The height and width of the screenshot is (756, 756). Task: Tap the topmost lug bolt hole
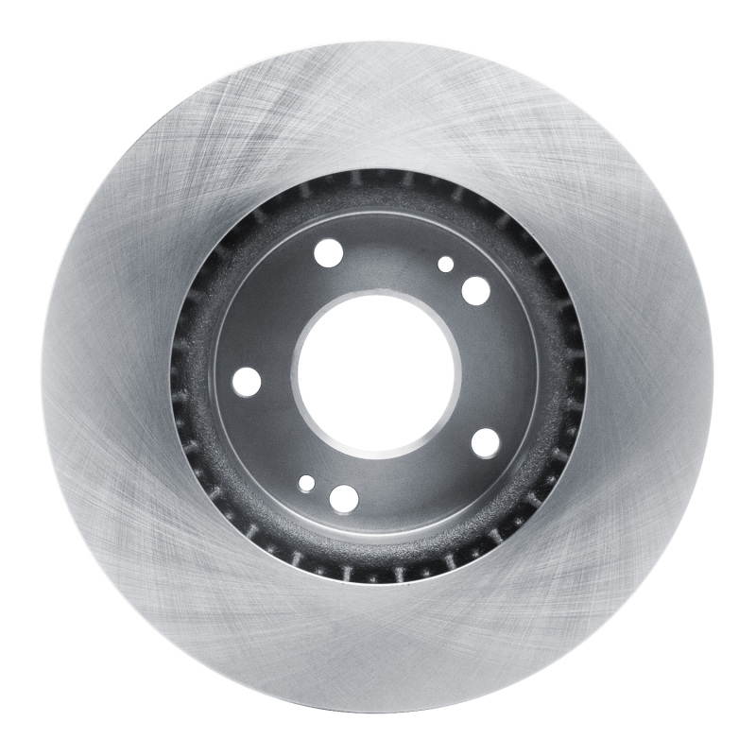[329, 252]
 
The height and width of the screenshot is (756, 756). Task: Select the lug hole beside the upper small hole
[475, 290]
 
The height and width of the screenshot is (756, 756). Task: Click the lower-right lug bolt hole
[485, 441]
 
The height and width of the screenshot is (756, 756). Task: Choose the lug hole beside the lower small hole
[345, 498]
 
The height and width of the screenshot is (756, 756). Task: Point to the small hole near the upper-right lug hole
[446, 265]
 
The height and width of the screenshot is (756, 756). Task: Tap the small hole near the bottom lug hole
[306, 484]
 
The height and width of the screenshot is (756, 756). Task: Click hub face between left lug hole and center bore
[274, 378]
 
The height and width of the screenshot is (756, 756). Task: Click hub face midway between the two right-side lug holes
[501, 367]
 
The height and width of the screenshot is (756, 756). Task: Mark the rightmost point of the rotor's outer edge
[713, 377]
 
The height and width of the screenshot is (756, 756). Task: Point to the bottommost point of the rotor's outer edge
[377, 714]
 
